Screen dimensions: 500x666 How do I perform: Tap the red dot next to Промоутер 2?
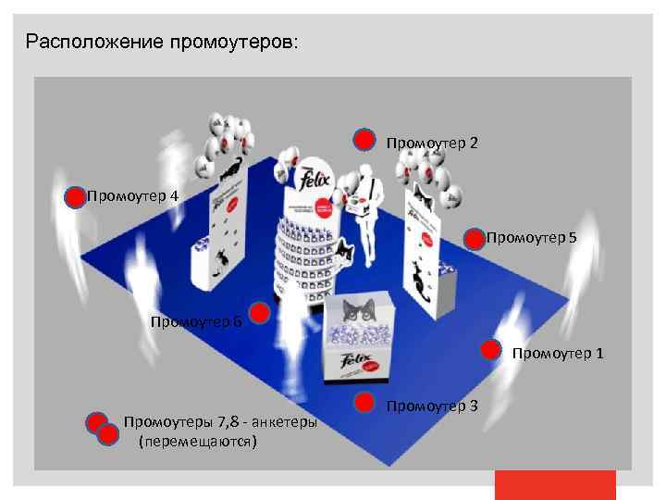[x=366, y=140]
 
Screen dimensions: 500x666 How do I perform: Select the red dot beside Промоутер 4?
[x=75, y=196]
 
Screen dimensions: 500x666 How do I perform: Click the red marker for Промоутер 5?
[x=474, y=239]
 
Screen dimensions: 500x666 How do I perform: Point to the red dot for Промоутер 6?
[x=261, y=314]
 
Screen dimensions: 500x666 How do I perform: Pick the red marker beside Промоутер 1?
[x=490, y=351]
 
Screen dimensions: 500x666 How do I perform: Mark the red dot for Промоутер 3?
[x=366, y=404]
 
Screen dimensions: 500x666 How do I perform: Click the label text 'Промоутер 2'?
[x=432, y=143]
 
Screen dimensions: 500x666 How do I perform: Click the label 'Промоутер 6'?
[x=196, y=321]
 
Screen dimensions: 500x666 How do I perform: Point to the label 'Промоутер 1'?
[x=558, y=353]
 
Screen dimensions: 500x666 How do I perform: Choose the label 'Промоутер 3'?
[x=432, y=406]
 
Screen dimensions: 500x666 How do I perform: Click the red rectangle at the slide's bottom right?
[x=555, y=484]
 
